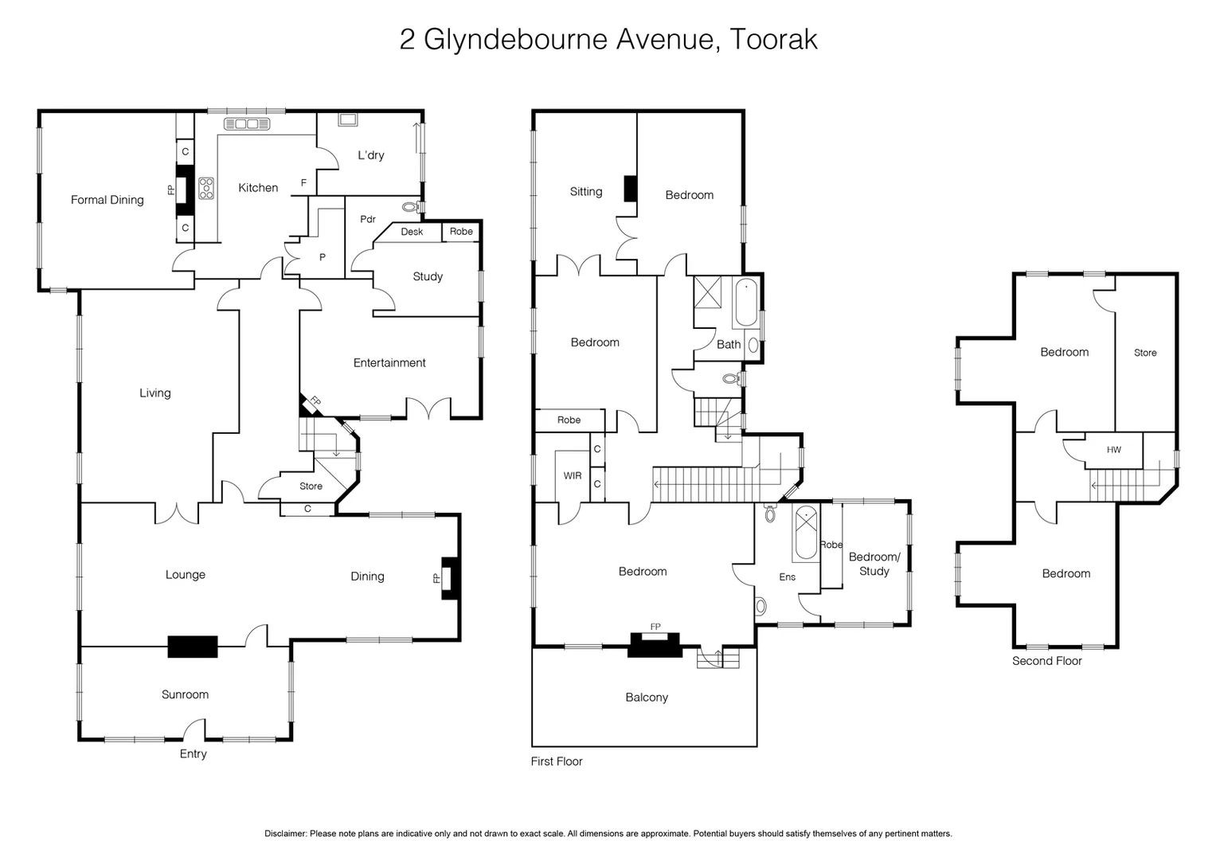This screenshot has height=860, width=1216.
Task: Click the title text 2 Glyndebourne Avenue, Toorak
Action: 608,39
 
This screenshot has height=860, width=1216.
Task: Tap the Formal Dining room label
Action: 107,200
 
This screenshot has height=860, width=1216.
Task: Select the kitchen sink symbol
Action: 247,123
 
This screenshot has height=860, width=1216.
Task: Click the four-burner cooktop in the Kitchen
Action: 206,188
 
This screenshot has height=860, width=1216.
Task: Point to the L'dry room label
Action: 370,155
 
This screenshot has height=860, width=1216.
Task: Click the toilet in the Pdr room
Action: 411,207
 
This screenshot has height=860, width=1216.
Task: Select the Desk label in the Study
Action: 412,232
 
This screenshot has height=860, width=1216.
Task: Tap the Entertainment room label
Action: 389,363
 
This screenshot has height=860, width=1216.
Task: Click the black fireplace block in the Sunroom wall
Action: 193,647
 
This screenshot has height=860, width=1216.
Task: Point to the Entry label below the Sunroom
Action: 193,754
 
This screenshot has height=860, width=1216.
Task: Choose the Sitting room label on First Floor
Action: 585,192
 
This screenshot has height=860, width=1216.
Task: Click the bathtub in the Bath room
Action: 746,303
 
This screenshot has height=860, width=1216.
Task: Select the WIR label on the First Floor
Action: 572,476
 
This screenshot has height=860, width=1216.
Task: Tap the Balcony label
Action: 646,698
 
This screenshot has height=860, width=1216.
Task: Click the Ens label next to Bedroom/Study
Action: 787,577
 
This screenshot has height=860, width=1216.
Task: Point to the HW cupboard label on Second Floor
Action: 1113,450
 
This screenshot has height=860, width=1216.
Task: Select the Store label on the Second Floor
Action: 1144,353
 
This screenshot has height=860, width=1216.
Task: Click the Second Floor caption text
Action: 1046,661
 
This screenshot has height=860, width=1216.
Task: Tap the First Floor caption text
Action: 557,761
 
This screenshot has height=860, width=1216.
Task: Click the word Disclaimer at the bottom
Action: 285,834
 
